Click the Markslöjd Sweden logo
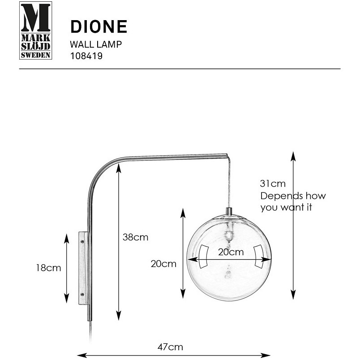[x=35, y=30]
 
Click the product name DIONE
[x=99, y=26]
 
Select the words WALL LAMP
[x=96, y=44]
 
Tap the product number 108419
[x=86, y=56]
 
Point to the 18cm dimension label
[x=48, y=268]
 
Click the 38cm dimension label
[x=136, y=237]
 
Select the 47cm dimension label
[x=170, y=347]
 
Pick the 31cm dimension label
[x=273, y=184]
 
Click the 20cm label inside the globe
[x=231, y=252]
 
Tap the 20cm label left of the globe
[x=163, y=264]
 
